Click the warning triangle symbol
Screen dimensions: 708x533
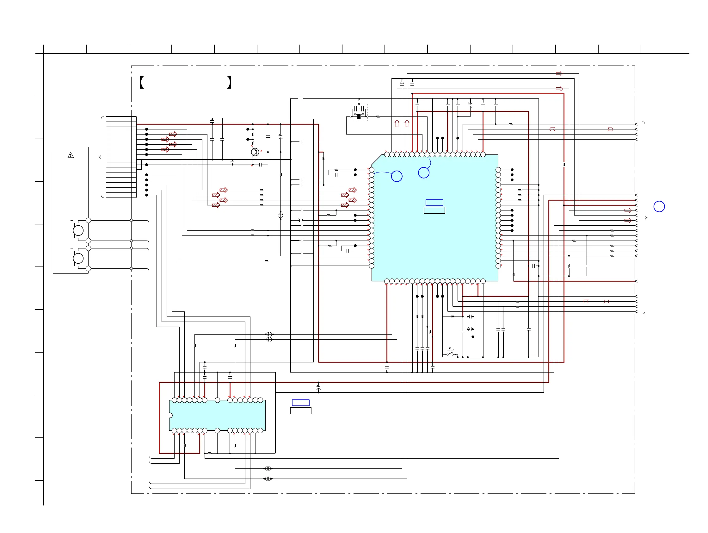[x=71, y=155]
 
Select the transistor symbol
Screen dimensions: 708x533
[x=255, y=152]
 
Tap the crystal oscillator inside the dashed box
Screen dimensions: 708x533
[x=359, y=116]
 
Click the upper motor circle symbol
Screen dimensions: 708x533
[x=78, y=230]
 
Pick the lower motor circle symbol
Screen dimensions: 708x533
[x=78, y=258]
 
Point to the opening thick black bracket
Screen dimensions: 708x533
[x=142, y=82]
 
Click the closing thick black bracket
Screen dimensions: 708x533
[x=229, y=82]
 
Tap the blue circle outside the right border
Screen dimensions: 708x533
[x=659, y=207]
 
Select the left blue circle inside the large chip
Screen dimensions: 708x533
[x=397, y=176]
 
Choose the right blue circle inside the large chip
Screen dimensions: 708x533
[x=423, y=173]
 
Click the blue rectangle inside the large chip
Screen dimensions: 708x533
[x=434, y=203]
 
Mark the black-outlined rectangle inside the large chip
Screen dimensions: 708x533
[x=434, y=210]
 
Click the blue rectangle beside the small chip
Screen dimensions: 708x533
[x=300, y=403]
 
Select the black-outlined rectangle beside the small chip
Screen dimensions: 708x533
[x=300, y=411]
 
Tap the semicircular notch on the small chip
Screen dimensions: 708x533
[x=171, y=416]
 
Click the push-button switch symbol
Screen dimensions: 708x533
[x=450, y=352]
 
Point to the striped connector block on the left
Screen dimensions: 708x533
[x=121, y=157]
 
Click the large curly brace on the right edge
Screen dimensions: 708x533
[x=645, y=218]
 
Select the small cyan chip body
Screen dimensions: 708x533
[x=217, y=416]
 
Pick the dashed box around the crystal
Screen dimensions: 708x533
[x=359, y=112]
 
